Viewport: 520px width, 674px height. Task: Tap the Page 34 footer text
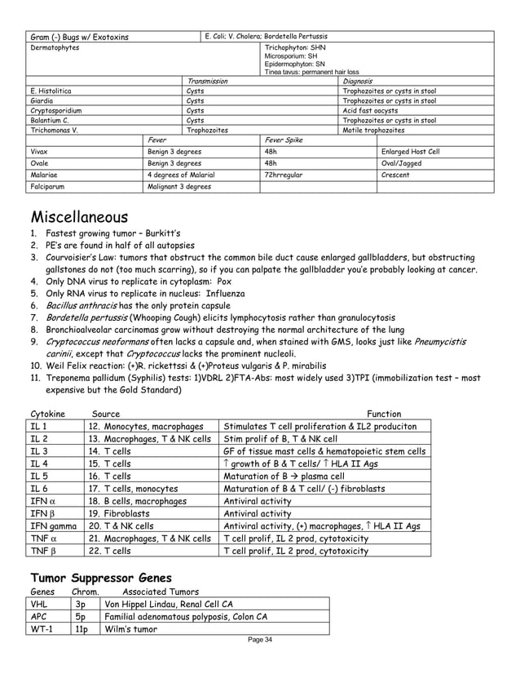tap(260, 639)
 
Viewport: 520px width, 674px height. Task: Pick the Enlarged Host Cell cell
tap(410, 152)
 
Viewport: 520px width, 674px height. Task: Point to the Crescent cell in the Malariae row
tap(395, 175)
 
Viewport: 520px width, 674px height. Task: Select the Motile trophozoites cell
tap(374, 130)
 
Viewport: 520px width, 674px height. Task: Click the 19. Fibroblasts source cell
tap(124, 513)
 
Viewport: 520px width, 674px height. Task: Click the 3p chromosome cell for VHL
tap(80, 604)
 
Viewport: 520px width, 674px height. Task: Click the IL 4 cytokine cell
tap(39, 463)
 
